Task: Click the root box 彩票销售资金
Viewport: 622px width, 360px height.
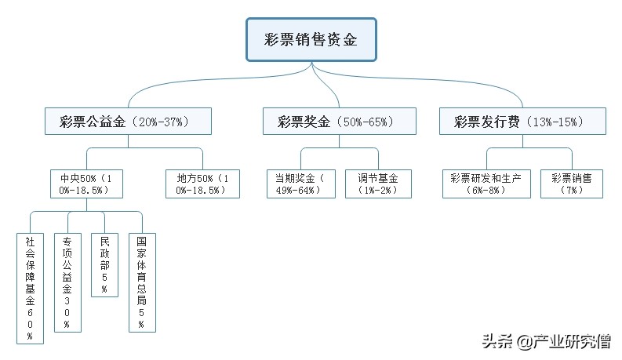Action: (311, 40)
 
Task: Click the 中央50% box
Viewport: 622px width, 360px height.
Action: (82, 184)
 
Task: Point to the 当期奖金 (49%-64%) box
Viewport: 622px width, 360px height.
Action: (300, 184)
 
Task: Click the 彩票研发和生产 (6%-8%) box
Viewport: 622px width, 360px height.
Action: (486, 184)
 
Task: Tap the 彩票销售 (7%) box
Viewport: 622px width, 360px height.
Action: (572, 184)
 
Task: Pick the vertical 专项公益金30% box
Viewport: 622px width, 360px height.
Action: (67, 281)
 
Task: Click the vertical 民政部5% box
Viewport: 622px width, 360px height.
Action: (105, 264)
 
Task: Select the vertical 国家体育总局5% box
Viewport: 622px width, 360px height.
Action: (142, 281)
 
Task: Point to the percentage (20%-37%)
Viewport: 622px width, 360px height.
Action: (161, 122)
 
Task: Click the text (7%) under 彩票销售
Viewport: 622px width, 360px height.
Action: (572, 190)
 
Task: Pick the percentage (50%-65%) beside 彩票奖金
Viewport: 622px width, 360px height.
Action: (366, 122)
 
